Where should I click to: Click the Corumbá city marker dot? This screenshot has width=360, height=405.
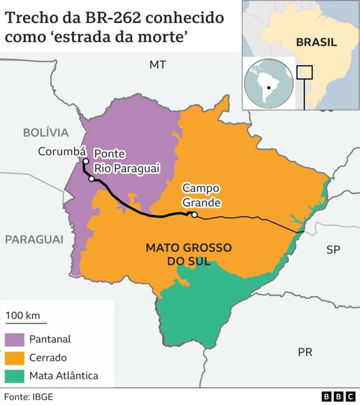point(86,161)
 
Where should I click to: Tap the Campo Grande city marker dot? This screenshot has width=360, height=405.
point(195,215)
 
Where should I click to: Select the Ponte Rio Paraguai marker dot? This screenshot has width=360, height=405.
point(92,179)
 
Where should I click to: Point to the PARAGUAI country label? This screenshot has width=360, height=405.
point(34,240)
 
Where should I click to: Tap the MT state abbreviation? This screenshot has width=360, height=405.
point(158,65)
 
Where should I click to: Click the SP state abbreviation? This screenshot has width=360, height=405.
point(333,250)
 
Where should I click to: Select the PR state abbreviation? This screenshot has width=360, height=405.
point(305,352)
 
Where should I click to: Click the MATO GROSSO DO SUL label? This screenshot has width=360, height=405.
point(188,254)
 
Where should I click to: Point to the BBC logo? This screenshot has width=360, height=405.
point(338,396)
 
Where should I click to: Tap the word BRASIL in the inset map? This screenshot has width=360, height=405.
point(316,42)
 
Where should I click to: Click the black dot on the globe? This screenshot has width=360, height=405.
point(269,88)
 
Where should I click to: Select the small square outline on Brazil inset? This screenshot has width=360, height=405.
point(304,72)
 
